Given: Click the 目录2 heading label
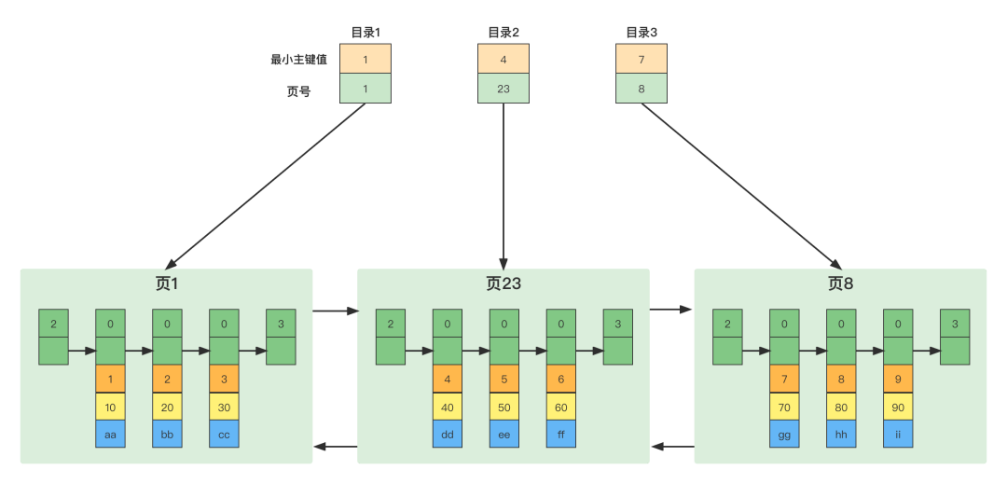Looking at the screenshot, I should (x=504, y=33).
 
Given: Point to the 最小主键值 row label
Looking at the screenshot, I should (x=298, y=59).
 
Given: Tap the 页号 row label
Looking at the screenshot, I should (x=298, y=91).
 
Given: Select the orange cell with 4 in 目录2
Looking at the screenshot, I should (x=504, y=59).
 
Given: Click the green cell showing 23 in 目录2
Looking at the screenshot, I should (x=504, y=89).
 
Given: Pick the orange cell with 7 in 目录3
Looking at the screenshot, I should (x=641, y=59).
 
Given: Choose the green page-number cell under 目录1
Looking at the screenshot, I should (x=366, y=89).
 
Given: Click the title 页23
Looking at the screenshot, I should (x=504, y=283).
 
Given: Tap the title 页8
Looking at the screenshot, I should (x=840, y=283).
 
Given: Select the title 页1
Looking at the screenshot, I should (x=166, y=283).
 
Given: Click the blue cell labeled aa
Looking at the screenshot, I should (x=110, y=434).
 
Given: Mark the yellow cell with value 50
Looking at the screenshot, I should (x=504, y=407).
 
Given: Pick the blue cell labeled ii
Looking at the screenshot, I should (x=898, y=434).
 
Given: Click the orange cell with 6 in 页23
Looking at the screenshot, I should (x=561, y=380).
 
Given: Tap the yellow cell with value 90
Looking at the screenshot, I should (x=898, y=407).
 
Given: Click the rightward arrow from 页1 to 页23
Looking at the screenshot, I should (x=335, y=311).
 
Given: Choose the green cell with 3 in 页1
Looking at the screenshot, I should (x=281, y=324).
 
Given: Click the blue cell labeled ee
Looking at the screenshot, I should (x=504, y=434).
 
